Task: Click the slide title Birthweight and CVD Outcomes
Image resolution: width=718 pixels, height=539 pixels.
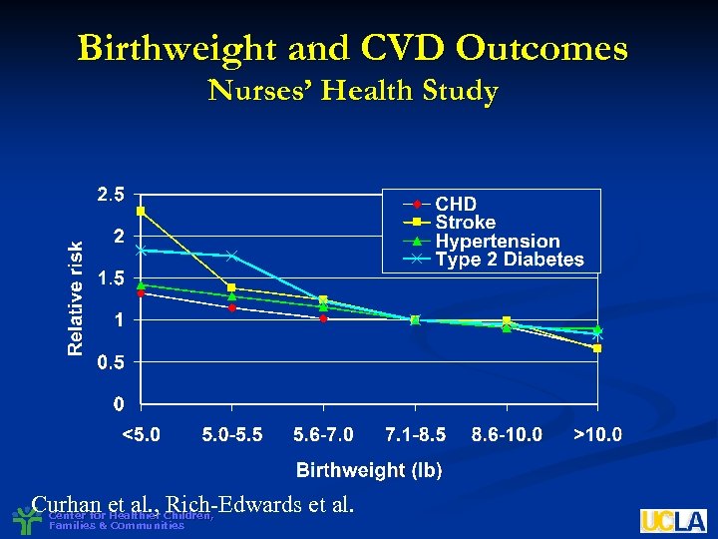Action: [x=352, y=48]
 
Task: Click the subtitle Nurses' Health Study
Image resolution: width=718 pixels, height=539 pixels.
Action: [x=352, y=92]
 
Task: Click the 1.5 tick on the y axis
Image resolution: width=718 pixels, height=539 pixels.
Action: [x=111, y=279]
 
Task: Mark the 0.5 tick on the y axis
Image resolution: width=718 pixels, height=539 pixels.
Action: [x=111, y=363]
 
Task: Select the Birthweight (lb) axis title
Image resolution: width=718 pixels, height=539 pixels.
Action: [x=369, y=469]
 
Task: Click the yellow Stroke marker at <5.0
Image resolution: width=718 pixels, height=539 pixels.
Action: [x=142, y=211]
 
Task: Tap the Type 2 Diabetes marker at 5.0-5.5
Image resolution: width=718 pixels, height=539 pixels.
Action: [x=232, y=256]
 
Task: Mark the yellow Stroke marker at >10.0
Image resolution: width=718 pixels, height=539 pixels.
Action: [x=597, y=347]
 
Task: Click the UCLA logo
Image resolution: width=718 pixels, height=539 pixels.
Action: [x=673, y=520]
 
